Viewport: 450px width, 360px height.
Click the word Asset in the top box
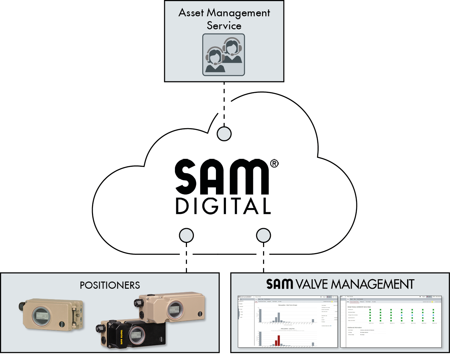pyautogui.click(x=191, y=13)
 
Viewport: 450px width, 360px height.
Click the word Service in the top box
pyautogui.click(x=224, y=26)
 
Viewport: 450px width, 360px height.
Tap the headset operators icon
pyautogui.click(x=224, y=55)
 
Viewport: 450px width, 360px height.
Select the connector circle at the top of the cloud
pyautogui.click(x=224, y=133)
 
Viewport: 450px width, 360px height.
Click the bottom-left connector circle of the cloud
pyautogui.click(x=186, y=235)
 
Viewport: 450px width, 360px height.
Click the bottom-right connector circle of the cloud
pyautogui.click(x=263, y=235)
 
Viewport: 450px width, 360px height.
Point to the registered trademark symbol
pyautogui.click(x=274, y=163)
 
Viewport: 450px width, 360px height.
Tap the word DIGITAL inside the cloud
pyautogui.click(x=223, y=206)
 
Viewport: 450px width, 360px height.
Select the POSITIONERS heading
pyautogui.click(x=110, y=285)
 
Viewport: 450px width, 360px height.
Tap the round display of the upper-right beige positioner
pyautogui.click(x=175, y=310)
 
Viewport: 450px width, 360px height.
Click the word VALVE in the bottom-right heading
pyautogui.click(x=312, y=284)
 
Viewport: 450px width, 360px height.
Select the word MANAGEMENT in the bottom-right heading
pyautogui.click(x=372, y=284)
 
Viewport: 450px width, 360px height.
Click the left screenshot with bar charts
pyautogui.click(x=288, y=322)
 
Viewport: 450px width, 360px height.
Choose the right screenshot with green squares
pyautogui.click(x=391, y=322)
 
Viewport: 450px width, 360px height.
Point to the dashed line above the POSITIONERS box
pyautogui.click(x=186, y=262)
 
